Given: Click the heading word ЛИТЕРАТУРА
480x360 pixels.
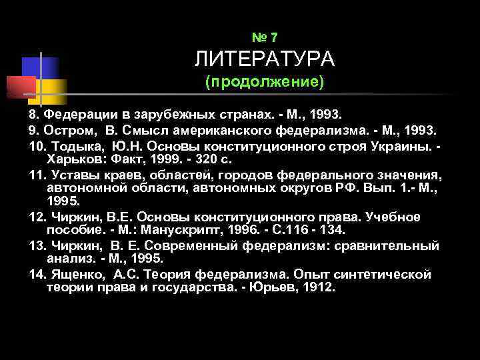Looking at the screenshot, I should coord(265,60).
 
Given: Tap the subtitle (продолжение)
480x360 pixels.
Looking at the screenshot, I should coord(265,83).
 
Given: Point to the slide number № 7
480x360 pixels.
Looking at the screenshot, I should coord(265,37).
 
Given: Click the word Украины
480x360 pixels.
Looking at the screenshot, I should coord(405,145).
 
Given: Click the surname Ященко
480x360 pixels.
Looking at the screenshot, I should coord(73,275).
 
